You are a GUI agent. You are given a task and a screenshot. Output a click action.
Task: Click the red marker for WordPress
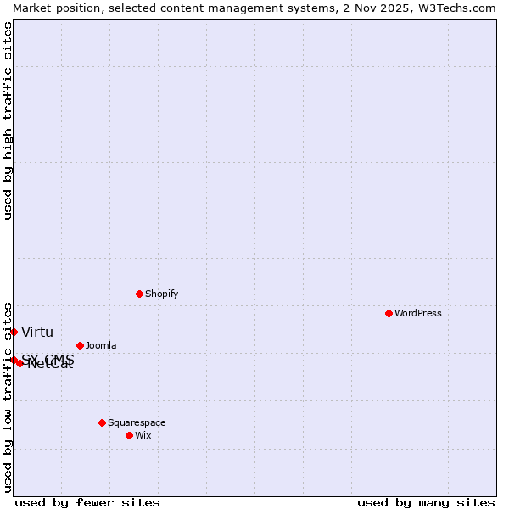389,313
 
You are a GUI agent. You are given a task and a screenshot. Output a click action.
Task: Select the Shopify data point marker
139,294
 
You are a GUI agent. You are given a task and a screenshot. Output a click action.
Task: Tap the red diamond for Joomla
80,345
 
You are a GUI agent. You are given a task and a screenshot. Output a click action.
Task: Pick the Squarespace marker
102,422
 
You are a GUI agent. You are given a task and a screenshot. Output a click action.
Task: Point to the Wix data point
129,435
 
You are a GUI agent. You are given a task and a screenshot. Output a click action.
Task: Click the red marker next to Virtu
14,332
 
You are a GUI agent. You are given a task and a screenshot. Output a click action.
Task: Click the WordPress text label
418,313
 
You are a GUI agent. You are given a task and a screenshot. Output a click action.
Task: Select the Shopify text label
161,294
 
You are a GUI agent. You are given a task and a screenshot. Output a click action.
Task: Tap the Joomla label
101,345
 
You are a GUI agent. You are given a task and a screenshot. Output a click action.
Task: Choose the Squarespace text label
137,422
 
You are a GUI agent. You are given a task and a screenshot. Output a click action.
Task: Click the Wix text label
143,435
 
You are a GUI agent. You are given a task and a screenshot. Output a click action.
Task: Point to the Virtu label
37,332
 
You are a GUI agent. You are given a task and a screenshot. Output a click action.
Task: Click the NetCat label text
51,365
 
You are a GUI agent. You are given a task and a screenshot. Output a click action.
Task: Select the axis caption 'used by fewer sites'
87,502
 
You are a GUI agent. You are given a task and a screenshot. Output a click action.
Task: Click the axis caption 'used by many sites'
426,502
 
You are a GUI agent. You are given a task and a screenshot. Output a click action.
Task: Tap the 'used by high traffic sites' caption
8,120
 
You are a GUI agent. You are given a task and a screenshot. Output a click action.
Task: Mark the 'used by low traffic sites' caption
8,396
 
